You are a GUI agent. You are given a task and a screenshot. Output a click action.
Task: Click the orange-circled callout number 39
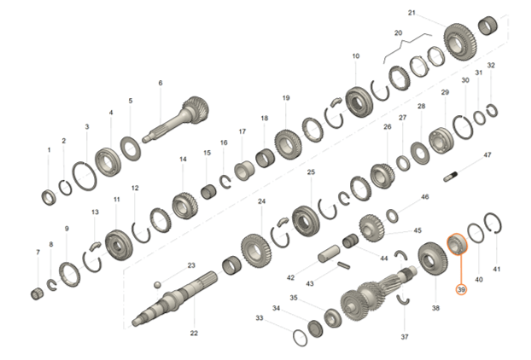(x=461, y=290)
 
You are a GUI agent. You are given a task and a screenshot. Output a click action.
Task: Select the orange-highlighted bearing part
(x=457, y=244)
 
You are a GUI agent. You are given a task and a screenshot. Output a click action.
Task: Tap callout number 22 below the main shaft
(x=194, y=333)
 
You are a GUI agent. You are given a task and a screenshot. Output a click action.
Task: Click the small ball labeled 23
(x=157, y=285)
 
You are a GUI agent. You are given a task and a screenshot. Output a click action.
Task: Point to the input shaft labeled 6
(x=177, y=119)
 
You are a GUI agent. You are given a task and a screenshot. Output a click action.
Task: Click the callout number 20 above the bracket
(x=398, y=32)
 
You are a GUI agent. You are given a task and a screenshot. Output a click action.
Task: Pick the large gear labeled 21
(x=460, y=42)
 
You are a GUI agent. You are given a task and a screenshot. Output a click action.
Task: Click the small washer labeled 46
(x=393, y=216)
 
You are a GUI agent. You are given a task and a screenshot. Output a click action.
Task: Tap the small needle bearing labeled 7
(x=37, y=293)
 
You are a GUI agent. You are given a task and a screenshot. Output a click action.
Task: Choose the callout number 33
(x=259, y=318)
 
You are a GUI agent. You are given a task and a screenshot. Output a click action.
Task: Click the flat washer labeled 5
(x=131, y=148)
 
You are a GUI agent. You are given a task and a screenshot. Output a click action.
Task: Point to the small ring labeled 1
(x=50, y=198)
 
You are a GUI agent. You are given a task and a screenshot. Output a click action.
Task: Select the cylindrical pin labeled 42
(x=329, y=253)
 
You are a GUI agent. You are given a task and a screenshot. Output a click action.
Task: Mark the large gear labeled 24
(x=256, y=252)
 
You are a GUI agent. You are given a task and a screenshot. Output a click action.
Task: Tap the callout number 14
(x=183, y=159)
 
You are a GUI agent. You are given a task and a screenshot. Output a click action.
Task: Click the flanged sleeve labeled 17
(x=244, y=171)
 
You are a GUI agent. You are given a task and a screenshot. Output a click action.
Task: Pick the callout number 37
(x=405, y=337)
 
